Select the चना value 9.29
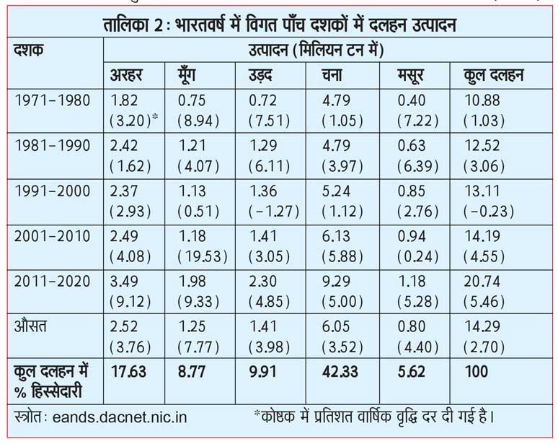tap(338, 280)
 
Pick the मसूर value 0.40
tap(411, 101)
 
